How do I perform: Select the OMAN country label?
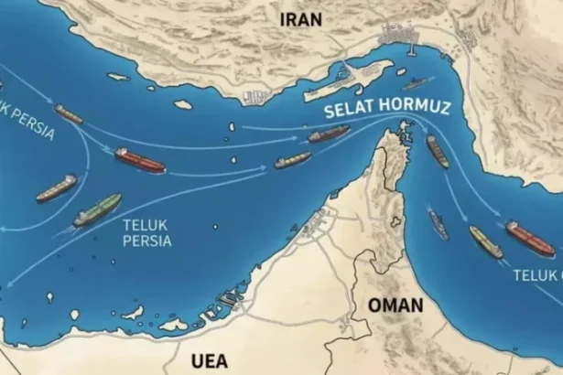[x=395, y=305]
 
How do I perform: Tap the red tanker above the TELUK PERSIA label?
[x=139, y=161]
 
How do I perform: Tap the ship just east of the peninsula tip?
[x=438, y=152]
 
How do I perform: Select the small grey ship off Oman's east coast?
[x=438, y=223]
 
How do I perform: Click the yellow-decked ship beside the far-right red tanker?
[x=485, y=241]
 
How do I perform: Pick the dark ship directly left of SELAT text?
[x=328, y=134]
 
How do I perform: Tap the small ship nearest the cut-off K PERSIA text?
[x=68, y=114]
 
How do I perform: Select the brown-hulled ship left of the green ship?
[x=55, y=189]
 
